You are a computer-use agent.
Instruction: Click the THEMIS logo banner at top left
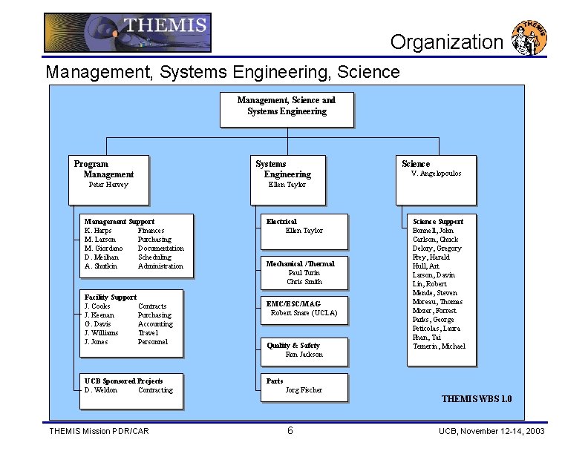coord(127,33)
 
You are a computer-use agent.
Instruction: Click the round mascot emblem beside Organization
coord(530,39)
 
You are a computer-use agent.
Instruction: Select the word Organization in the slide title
coord(447,42)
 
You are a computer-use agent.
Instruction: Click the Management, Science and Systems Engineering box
coord(287,108)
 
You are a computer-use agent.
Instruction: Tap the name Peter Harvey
coord(108,185)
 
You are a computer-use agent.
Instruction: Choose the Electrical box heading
coord(281,222)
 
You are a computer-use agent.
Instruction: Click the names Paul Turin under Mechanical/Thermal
coord(304,273)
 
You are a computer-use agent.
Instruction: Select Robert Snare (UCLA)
coord(304,313)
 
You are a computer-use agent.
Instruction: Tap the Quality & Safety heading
coord(293,346)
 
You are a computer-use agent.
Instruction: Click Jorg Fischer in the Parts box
coord(304,390)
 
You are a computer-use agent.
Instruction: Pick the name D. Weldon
coord(101,390)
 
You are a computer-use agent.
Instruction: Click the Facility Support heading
coord(111,297)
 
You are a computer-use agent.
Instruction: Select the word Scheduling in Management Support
coord(154,257)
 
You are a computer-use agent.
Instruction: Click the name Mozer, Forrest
coord(434,311)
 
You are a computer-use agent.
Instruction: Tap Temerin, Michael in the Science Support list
coord(439,346)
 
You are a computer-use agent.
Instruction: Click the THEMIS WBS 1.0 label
coord(477,399)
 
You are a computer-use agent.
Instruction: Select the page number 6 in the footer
coord(290,432)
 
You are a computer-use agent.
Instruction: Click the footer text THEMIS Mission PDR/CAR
coord(99,432)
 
